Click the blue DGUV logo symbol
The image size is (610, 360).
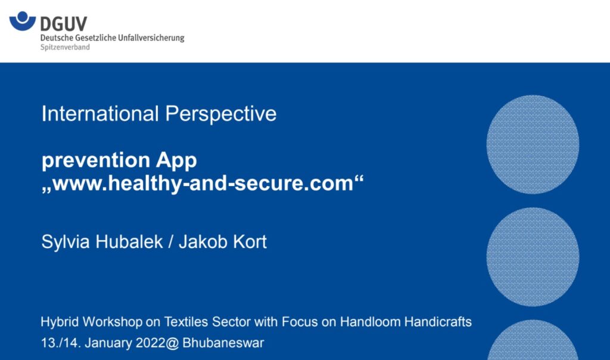coord(22,21)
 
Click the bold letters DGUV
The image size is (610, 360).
coord(64,24)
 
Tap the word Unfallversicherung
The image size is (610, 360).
coord(151,38)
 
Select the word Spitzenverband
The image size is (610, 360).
coord(65,47)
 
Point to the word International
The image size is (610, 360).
coord(100,114)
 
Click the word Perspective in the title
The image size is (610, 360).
coord(221,114)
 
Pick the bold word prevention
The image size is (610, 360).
coord(96,160)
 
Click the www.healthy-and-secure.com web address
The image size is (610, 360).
coord(203,183)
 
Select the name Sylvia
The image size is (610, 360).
coord(66,242)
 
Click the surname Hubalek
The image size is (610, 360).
coord(129,241)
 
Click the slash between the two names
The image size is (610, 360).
coord(171,241)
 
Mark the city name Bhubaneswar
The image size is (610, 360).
coord(223,343)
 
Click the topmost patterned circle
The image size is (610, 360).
coord(533,144)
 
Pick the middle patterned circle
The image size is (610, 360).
coord(533,257)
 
